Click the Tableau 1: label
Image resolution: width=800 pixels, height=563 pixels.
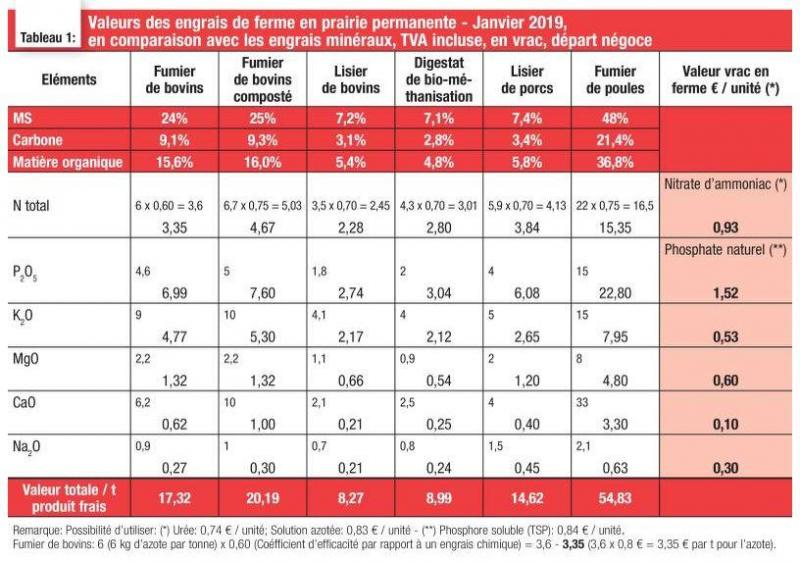point(48,38)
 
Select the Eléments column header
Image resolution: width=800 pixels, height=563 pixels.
point(69,80)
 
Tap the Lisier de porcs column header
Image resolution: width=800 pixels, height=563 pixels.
point(527,80)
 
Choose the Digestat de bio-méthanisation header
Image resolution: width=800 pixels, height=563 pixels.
point(439,80)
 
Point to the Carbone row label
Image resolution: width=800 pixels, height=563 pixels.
point(38,140)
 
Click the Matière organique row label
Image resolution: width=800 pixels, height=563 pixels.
point(68,162)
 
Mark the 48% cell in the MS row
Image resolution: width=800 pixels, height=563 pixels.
point(615,118)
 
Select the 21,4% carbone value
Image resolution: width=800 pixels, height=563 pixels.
point(615,140)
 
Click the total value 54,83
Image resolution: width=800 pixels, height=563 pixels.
point(615,498)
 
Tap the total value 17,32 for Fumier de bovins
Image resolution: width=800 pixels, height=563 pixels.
point(174,498)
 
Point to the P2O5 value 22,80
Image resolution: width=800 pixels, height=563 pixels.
point(615,293)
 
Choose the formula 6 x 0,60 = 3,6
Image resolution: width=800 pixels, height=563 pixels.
point(169,206)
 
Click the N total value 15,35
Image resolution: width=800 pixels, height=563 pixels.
point(615,228)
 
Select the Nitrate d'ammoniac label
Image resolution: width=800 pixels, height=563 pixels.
point(725,184)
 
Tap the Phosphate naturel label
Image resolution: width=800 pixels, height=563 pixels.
point(725,250)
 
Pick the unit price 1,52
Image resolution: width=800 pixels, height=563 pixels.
point(726,293)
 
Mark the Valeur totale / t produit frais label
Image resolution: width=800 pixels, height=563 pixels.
point(69,498)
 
